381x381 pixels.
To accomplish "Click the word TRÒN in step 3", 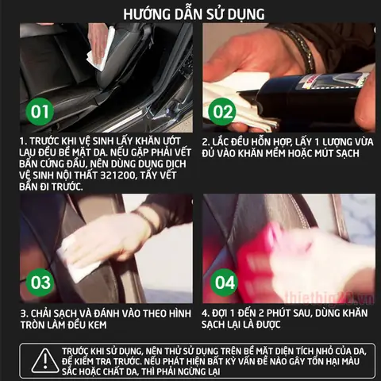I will point(37,325).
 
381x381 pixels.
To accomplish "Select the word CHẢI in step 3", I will point(46,313).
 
